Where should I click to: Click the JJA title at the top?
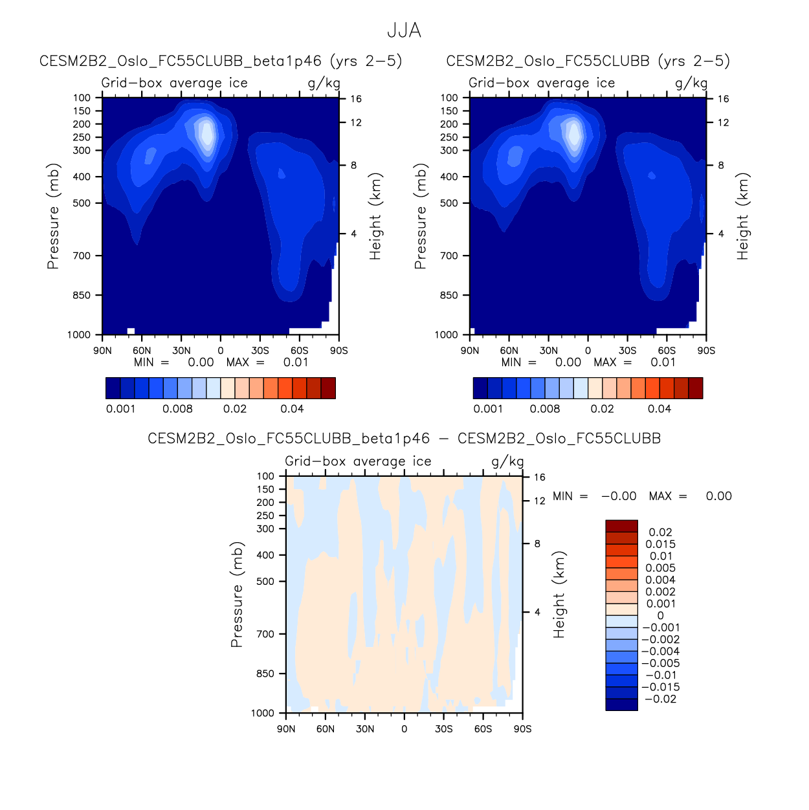click(404, 30)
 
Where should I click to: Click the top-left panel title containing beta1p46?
click(221, 61)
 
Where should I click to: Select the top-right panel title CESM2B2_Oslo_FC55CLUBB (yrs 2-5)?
click(588, 61)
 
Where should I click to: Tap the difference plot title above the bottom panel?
click(404, 439)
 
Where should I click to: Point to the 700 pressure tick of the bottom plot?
click(266, 634)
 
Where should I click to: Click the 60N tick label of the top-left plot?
click(142, 351)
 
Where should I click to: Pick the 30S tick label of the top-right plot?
click(627, 351)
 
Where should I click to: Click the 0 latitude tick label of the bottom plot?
click(404, 729)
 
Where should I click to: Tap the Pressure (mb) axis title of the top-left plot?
click(53, 216)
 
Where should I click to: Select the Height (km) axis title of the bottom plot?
click(559, 595)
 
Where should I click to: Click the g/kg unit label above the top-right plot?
click(691, 83)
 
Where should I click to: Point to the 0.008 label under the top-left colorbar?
click(177, 409)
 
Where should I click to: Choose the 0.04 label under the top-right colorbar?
click(659, 409)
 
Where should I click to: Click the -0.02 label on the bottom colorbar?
click(660, 699)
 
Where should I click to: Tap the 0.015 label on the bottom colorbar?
click(660, 544)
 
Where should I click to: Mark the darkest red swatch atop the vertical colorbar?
click(621, 526)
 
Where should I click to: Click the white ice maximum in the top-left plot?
click(206, 133)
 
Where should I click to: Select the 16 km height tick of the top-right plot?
click(723, 99)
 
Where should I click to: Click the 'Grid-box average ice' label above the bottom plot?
click(358, 461)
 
